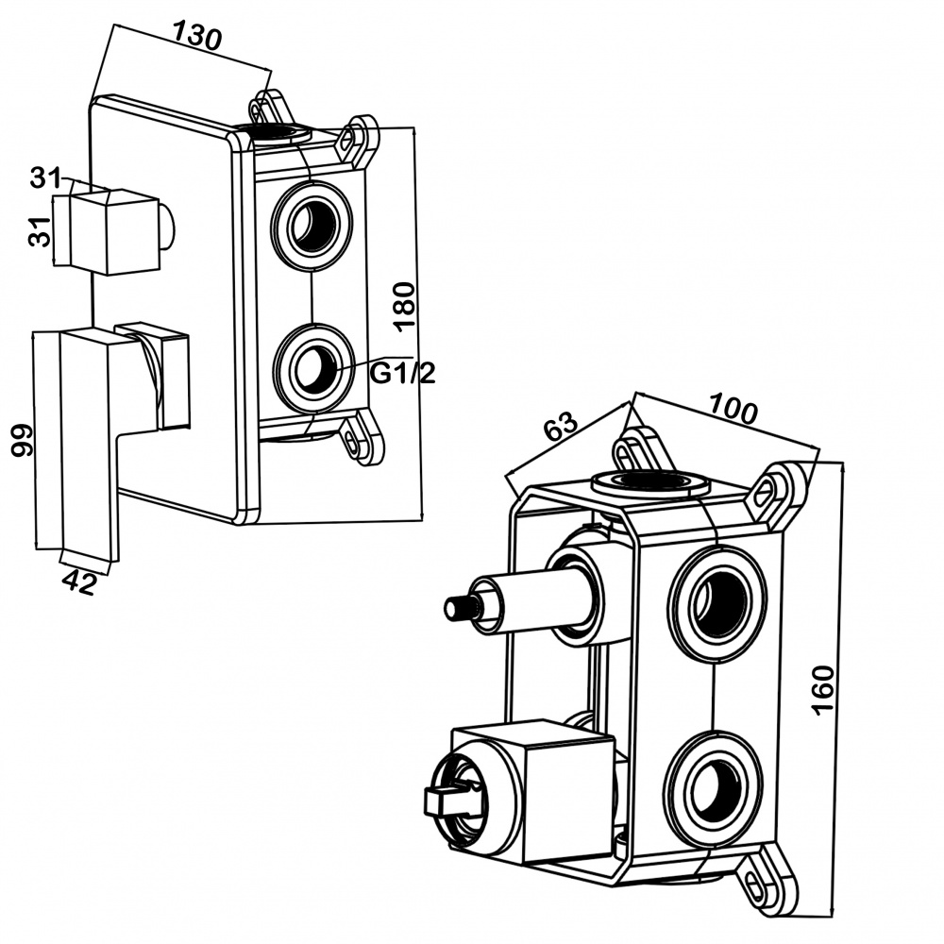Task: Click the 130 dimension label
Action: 196,36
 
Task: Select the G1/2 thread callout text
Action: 402,374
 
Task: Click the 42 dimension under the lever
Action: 79,582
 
